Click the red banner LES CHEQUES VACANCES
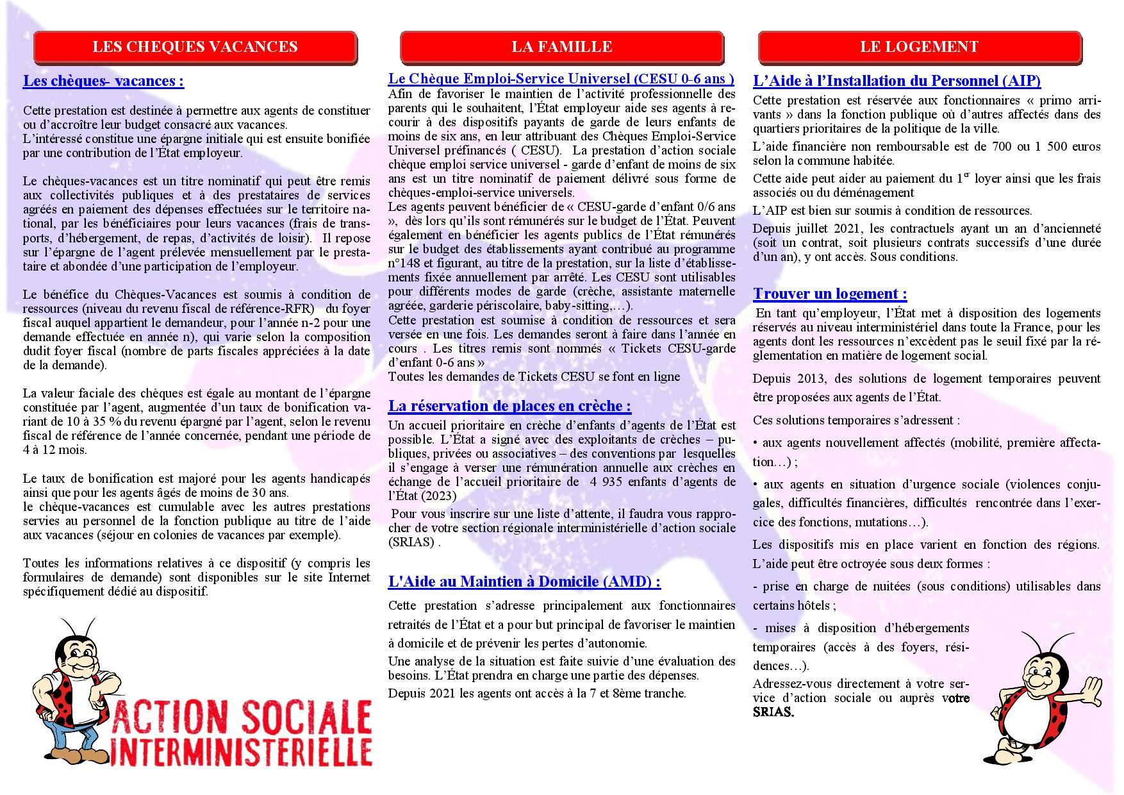[195, 47]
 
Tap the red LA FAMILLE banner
[561, 47]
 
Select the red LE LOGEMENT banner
[919, 47]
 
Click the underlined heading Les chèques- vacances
[103, 81]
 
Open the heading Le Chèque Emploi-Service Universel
[561, 79]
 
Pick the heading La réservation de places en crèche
[509, 406]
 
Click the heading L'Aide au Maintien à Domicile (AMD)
[524, 582]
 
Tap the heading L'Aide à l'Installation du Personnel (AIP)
[897, 81]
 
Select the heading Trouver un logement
[830, 294]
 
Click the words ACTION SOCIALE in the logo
[242, 719]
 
